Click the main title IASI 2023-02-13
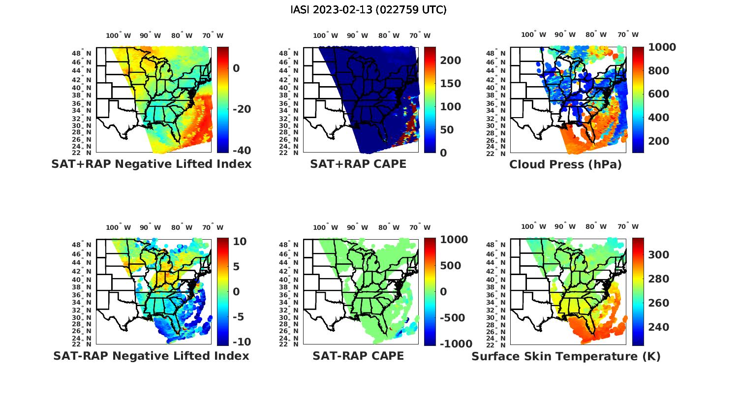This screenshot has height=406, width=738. click(369, 10)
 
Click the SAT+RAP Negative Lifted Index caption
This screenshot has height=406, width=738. click(152, 164)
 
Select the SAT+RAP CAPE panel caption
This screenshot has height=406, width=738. click(358, 164)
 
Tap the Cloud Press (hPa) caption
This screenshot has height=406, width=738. click(565, 164)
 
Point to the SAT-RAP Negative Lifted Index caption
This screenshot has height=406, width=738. click(152, 356)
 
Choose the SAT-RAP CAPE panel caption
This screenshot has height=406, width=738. click(358, 356)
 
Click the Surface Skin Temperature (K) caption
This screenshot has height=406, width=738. click(566, 356)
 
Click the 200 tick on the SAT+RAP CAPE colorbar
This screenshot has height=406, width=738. click(450, 61)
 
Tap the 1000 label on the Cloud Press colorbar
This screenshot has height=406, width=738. click(662, 47)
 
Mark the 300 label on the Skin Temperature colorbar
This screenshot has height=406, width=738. click(658, 255)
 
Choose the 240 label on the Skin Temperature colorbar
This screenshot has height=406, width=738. click(658, 327)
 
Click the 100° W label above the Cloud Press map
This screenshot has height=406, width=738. click(534, 35)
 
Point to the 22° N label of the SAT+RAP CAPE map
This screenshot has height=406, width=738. click(288, 153)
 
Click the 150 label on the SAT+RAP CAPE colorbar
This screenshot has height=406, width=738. click(450, 84)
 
